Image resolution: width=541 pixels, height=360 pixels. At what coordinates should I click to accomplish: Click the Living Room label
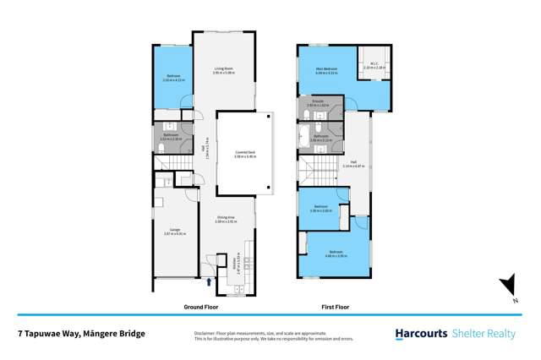pos(223,69)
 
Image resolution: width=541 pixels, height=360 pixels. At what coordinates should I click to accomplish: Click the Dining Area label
pos(224,219)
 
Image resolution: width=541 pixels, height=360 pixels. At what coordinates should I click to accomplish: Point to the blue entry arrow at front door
pos(209,280)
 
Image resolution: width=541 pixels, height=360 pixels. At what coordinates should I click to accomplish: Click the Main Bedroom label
pos(326,69)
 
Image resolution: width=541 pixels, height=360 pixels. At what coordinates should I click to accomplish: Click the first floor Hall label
pos(347,165)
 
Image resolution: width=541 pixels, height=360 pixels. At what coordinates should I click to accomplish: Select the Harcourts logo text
pos(421,334)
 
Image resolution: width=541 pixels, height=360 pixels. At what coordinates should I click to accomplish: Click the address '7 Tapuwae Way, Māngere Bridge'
pos(82,334)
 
